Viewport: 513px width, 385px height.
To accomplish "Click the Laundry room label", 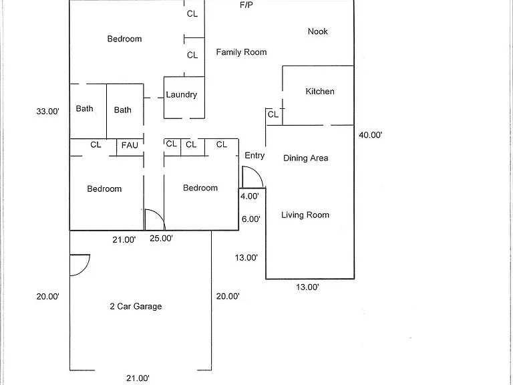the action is (181, 95).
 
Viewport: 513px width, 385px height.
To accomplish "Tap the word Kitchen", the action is (320, 92).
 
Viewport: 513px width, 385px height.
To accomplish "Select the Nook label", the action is (318, 31).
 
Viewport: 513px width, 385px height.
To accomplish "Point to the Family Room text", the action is (241, 52).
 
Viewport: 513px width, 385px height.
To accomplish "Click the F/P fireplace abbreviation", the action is (246, 5).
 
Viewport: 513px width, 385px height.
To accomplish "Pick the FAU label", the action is (130, 145).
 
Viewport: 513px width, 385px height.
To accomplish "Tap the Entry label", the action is (254, 156).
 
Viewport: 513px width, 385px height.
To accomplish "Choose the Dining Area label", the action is (305, 158).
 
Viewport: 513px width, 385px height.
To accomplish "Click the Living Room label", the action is (305, 215).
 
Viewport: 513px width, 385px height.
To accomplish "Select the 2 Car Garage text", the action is (136, 306).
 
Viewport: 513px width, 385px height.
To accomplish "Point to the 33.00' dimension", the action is (48, 112).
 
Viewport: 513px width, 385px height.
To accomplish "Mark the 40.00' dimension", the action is (371, 135).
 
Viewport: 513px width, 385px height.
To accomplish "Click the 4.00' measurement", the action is (250, 196).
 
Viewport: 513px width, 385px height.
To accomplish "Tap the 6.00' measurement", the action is (251, 219).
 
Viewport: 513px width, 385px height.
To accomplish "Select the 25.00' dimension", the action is (161, 239).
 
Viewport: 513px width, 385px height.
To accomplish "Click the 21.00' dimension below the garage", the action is (138, 378).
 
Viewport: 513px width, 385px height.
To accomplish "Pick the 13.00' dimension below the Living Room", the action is (307, 287).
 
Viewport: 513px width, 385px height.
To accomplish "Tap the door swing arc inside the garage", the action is (85, 269).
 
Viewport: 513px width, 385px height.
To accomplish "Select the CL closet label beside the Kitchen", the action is (273, 114).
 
